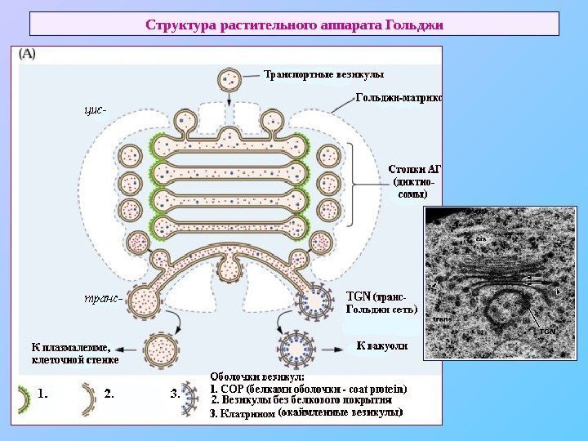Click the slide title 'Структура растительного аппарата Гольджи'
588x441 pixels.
(x=294, y=24)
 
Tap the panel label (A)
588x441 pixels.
(x=29, y=56)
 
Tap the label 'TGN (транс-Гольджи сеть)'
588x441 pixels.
(x=381, y=303)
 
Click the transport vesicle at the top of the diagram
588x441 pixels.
(x=229, y=80)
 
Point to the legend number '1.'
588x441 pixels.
(x=43, y=393)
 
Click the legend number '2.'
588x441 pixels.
(x=111, y=393)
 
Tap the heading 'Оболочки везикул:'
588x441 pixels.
(x=257, y=376)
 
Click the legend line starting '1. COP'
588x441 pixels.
(x=309, y=389)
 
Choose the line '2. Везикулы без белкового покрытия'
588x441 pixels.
(x=302, y=401)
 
